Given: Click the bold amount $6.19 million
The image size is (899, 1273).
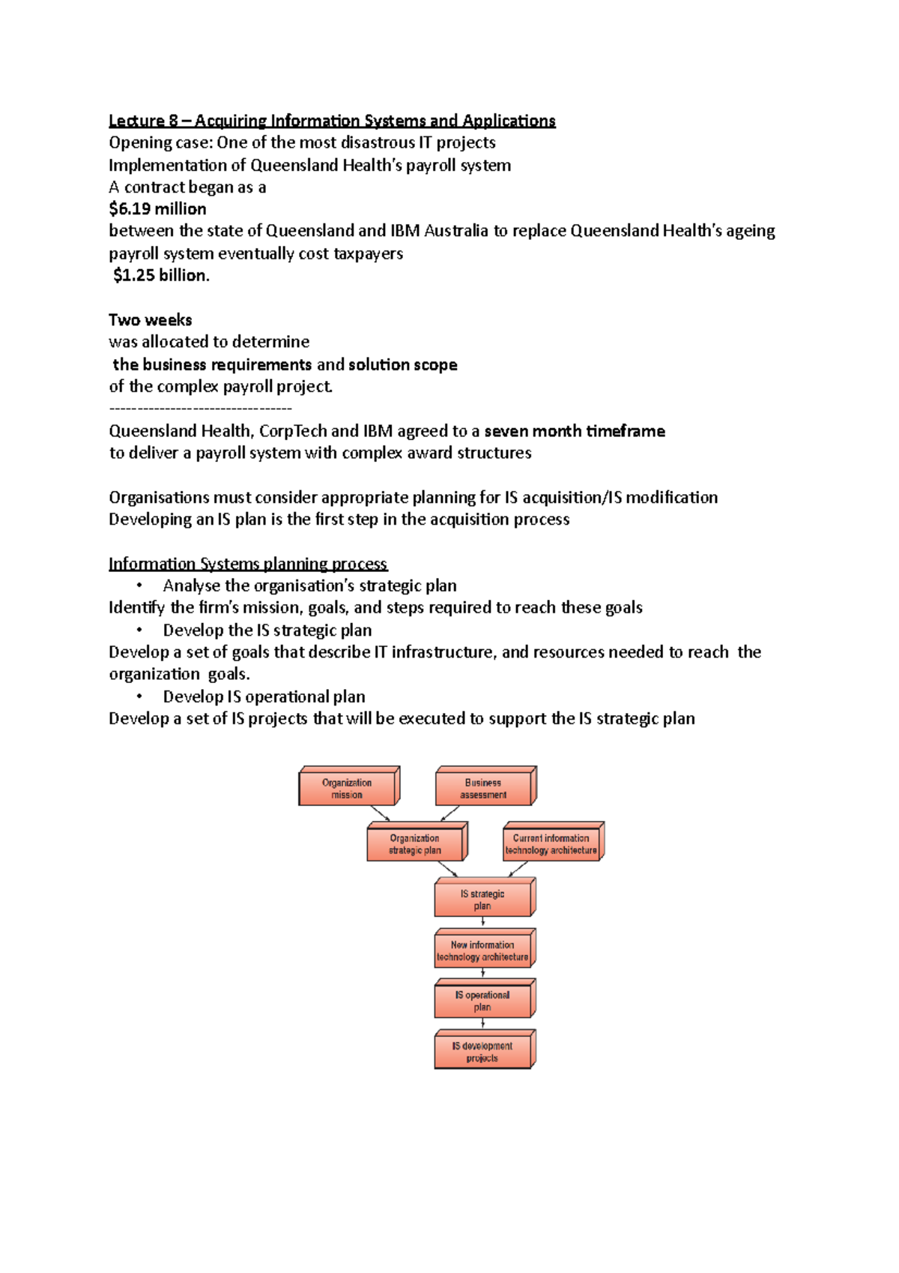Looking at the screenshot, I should click(157, 209).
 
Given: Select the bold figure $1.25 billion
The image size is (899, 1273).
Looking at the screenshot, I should click(161, 275).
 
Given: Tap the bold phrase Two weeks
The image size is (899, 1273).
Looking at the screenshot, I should click(150, 320).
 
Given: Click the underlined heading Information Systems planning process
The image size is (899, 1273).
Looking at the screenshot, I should click(247, 564).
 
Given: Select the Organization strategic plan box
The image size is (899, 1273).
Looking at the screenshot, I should click(415, 844).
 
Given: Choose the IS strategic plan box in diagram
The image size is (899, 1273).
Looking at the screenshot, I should click(482, 900).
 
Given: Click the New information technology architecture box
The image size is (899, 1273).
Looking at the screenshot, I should click(482, 951).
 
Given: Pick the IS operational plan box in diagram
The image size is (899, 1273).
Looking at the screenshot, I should click(482, 1001).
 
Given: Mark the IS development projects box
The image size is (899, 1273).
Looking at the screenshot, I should click(482, 1052).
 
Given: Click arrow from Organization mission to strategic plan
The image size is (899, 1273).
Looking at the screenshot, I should click(381, 813).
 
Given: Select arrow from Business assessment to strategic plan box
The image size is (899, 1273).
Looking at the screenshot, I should click(449, 813).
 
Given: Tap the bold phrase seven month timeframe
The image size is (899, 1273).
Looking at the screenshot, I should click(575, 431).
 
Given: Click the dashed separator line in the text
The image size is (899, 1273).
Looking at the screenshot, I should click(200, 409).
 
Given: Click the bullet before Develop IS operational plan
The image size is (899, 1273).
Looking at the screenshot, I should click(139, 696).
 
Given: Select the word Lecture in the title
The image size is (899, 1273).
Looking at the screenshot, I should click(136, 121).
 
